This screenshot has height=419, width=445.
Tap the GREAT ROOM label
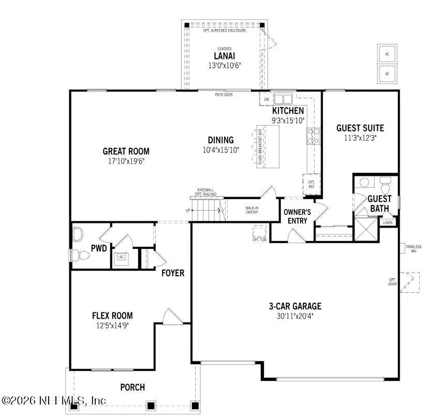coord(126,152)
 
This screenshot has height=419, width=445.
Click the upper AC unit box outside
coord(386,54)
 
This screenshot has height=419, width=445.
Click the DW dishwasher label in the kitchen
coord(266,99)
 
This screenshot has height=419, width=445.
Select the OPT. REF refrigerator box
coord(311,184)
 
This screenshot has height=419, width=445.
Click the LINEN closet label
coord(388,222)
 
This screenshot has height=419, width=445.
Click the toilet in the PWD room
coord(77,255)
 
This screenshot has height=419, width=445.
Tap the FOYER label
coord(173,273)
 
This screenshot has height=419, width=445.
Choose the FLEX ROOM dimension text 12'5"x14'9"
coord(112,325)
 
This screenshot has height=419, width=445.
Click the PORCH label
coord(132,387)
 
